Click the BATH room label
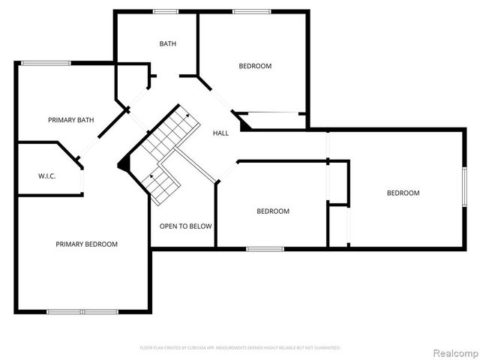tap(168, 43)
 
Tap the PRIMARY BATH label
tap(70, 120)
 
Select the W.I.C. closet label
tap(47, 176)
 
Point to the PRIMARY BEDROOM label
tap(86, 244)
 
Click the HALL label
tap(220, 133)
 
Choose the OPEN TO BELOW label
tap(185, 226)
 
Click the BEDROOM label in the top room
tap(255, 66)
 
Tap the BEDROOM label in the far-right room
tap(403, 193)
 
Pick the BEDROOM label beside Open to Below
tap(272, 211)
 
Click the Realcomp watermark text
tap(453, 352)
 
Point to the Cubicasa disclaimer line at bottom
tap(240, 348)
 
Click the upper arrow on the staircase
tap(185, 115)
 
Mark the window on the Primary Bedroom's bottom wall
tap(82, 311)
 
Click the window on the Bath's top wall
tap(165, 11)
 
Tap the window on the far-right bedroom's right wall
tap(464, 187)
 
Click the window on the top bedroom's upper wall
tap(251, 11)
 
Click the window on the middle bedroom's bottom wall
tap(265, 248)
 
